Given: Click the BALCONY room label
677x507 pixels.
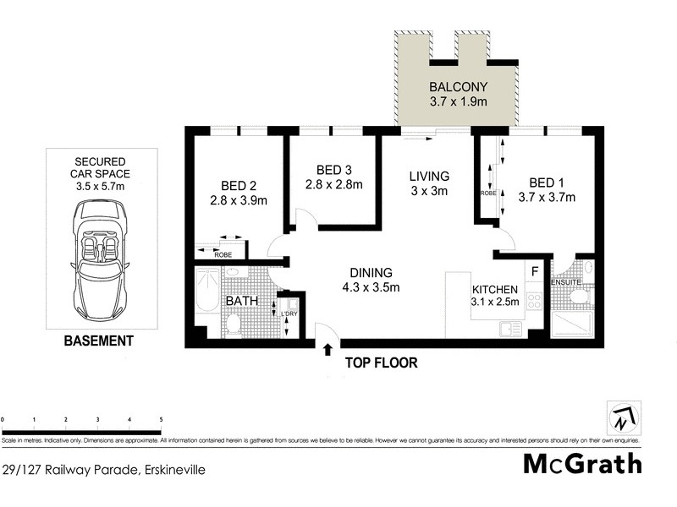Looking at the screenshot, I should coord(456,87).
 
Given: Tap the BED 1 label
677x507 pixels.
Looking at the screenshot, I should coord(546,183).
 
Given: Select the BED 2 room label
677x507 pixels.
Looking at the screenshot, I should coord(238,185).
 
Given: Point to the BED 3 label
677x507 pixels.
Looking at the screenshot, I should coord(333,169).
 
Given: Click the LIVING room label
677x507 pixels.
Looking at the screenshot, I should coord(429,176).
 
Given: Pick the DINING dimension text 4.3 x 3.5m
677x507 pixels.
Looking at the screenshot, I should coord(370,287).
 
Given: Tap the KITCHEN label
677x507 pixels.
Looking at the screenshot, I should coord(494,289).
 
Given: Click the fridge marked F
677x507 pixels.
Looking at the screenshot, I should coord(534,271).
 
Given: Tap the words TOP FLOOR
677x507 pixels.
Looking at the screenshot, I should coord(381,363).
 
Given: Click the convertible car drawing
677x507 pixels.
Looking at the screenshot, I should coord(101,248).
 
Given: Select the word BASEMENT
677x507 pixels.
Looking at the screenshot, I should coord(100,341).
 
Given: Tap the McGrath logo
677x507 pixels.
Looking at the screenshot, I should coord(582,464).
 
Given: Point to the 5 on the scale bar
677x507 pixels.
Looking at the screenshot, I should coord(161,418).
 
